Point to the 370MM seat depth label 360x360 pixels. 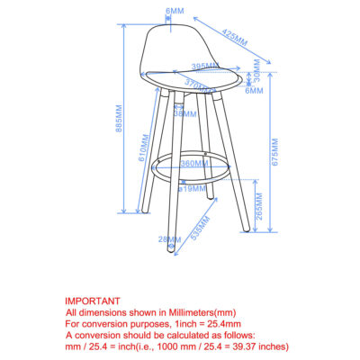[x=200, y=82]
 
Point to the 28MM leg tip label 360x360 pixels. [x=166, y=238]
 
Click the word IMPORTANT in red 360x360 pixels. [x=92, y=301]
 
